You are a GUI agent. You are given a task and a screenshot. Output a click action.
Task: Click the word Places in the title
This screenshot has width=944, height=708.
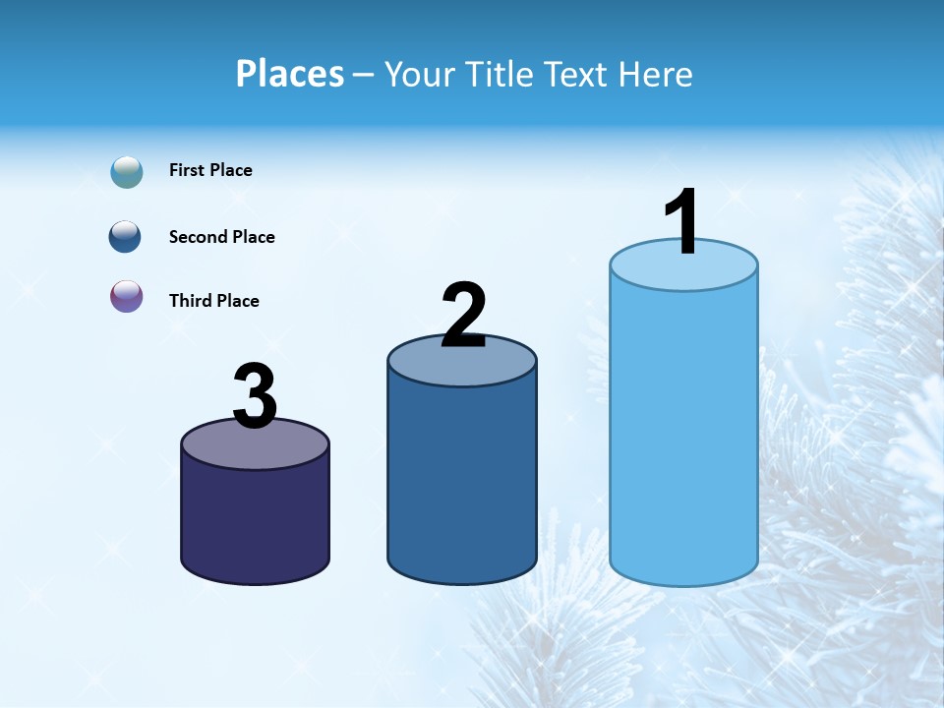(290, 74)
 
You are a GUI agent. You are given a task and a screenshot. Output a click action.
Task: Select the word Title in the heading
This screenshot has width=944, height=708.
(501, 74)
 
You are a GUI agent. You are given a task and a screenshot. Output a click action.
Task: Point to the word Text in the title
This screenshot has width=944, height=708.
(577, 74)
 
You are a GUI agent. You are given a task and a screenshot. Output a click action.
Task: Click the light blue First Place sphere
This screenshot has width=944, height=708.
(127, 171)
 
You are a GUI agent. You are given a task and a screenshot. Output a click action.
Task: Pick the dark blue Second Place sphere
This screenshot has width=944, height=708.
(126, 236)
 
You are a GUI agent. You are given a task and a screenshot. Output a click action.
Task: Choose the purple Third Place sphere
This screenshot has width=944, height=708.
(127, 296)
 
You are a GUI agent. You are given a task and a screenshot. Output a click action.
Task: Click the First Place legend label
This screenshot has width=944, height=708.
(210, 170)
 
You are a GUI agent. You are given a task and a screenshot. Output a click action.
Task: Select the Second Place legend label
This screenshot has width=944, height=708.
(221, 237)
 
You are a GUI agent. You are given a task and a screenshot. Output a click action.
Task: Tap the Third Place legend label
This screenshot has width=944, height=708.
(213, 301)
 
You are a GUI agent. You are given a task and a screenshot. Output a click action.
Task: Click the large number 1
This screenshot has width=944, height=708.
(682, 222)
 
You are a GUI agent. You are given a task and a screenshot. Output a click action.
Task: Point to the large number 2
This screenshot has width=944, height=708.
(463, 316)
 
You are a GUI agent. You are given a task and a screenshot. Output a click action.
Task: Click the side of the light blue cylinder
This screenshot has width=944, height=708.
(683, 433)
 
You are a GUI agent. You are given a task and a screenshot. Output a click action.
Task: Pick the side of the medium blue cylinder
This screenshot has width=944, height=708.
(462, 482)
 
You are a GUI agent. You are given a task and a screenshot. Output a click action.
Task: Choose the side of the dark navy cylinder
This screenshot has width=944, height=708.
(255, 521)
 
